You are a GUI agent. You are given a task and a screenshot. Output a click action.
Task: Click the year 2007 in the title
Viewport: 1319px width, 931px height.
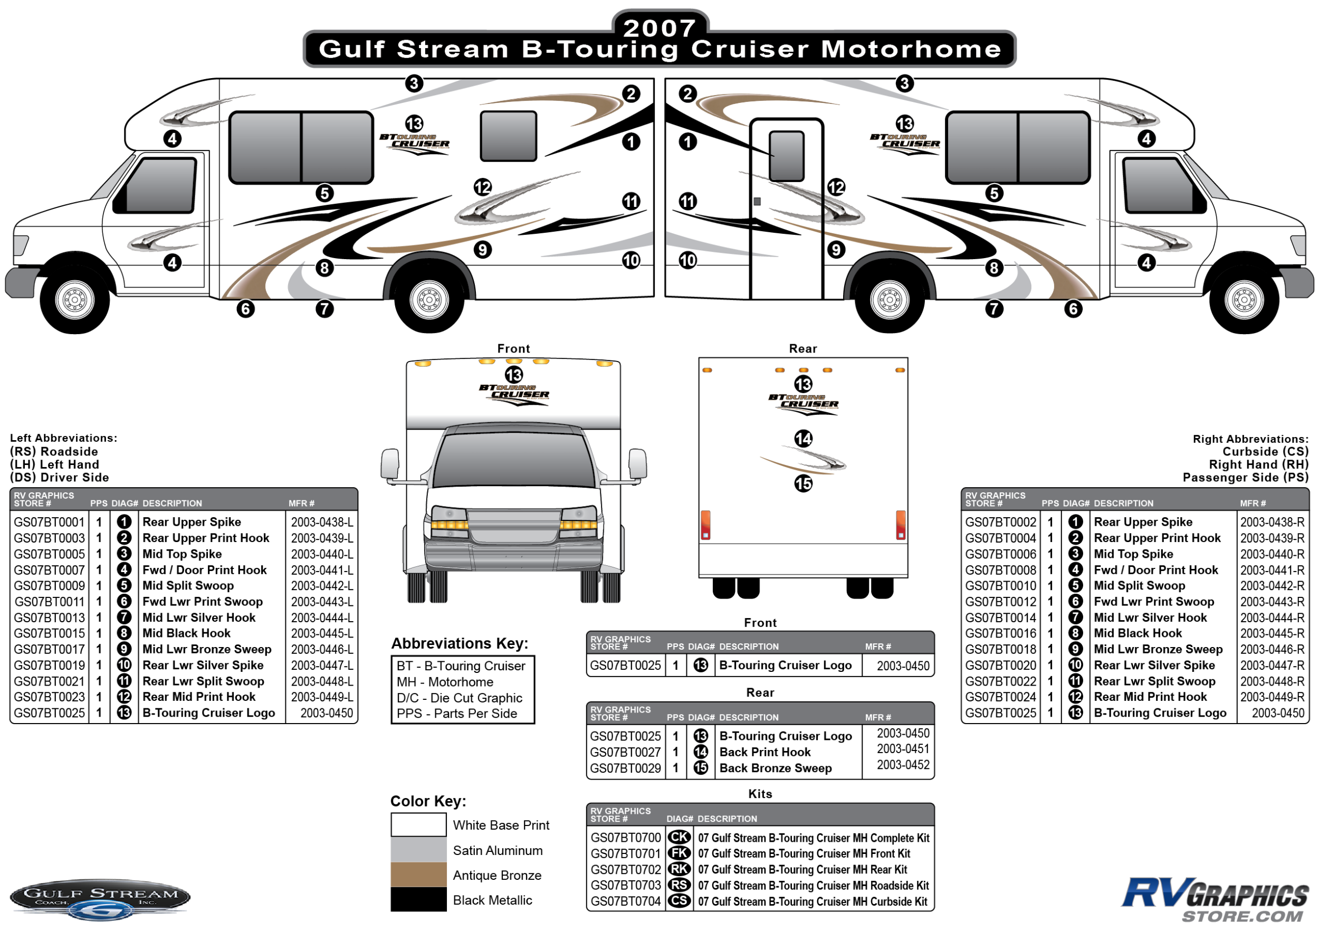659,27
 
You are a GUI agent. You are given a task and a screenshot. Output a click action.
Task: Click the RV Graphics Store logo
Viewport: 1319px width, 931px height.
1215,899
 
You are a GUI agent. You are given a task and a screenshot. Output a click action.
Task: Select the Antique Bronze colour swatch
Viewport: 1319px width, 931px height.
419,875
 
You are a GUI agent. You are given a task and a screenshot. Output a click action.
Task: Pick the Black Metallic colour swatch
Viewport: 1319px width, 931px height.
419,900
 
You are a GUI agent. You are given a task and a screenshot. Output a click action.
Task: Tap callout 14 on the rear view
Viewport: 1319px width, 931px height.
803,439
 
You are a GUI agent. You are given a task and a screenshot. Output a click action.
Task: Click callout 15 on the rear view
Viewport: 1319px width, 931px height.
803,484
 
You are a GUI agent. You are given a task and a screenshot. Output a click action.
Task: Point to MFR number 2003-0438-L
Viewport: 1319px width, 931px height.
322,522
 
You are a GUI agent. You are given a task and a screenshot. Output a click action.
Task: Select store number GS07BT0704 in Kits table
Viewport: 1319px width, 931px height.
626,901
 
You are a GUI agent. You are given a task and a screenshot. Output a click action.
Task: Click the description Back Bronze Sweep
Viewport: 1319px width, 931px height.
776,768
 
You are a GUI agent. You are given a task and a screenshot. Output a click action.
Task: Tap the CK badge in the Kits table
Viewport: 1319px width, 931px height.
680,838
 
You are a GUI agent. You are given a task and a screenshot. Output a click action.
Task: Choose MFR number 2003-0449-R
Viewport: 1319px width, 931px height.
1272,697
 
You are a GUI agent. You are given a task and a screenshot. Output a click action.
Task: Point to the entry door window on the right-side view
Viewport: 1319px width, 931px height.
787,156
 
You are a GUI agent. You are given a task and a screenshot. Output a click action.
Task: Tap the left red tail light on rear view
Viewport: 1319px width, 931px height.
705,525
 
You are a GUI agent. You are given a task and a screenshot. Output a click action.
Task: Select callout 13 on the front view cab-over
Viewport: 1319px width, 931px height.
513,375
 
